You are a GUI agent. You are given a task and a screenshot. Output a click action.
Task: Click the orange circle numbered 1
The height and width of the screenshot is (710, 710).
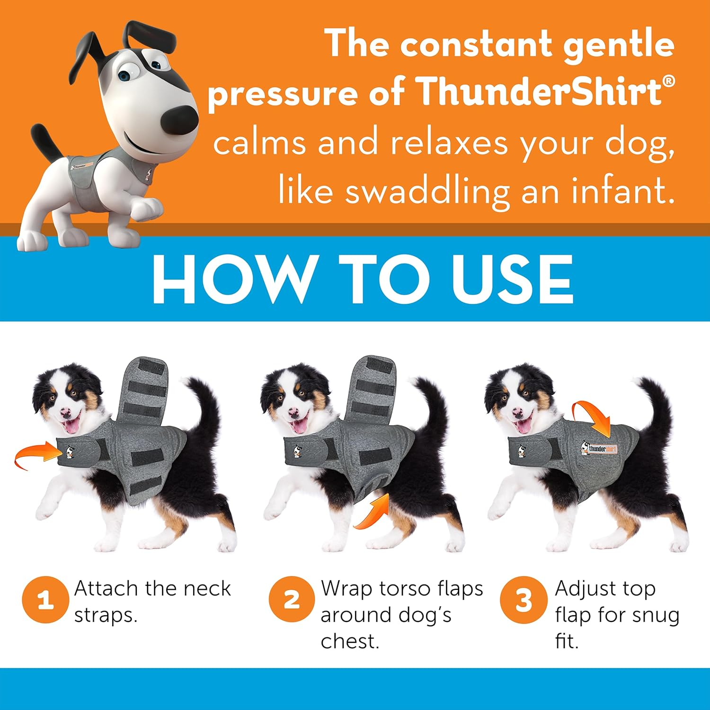tap(45, 600)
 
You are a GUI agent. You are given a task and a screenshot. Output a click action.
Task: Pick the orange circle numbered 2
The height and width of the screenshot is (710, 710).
tap(292, 600)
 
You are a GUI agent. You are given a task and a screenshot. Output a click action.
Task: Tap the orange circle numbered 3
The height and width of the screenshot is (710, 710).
tap(523, 600)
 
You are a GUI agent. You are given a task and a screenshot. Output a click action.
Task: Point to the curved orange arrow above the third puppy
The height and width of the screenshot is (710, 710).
tap(594, 417)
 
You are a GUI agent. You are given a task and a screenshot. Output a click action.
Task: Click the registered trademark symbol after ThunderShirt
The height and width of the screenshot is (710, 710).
tap(668, 81)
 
